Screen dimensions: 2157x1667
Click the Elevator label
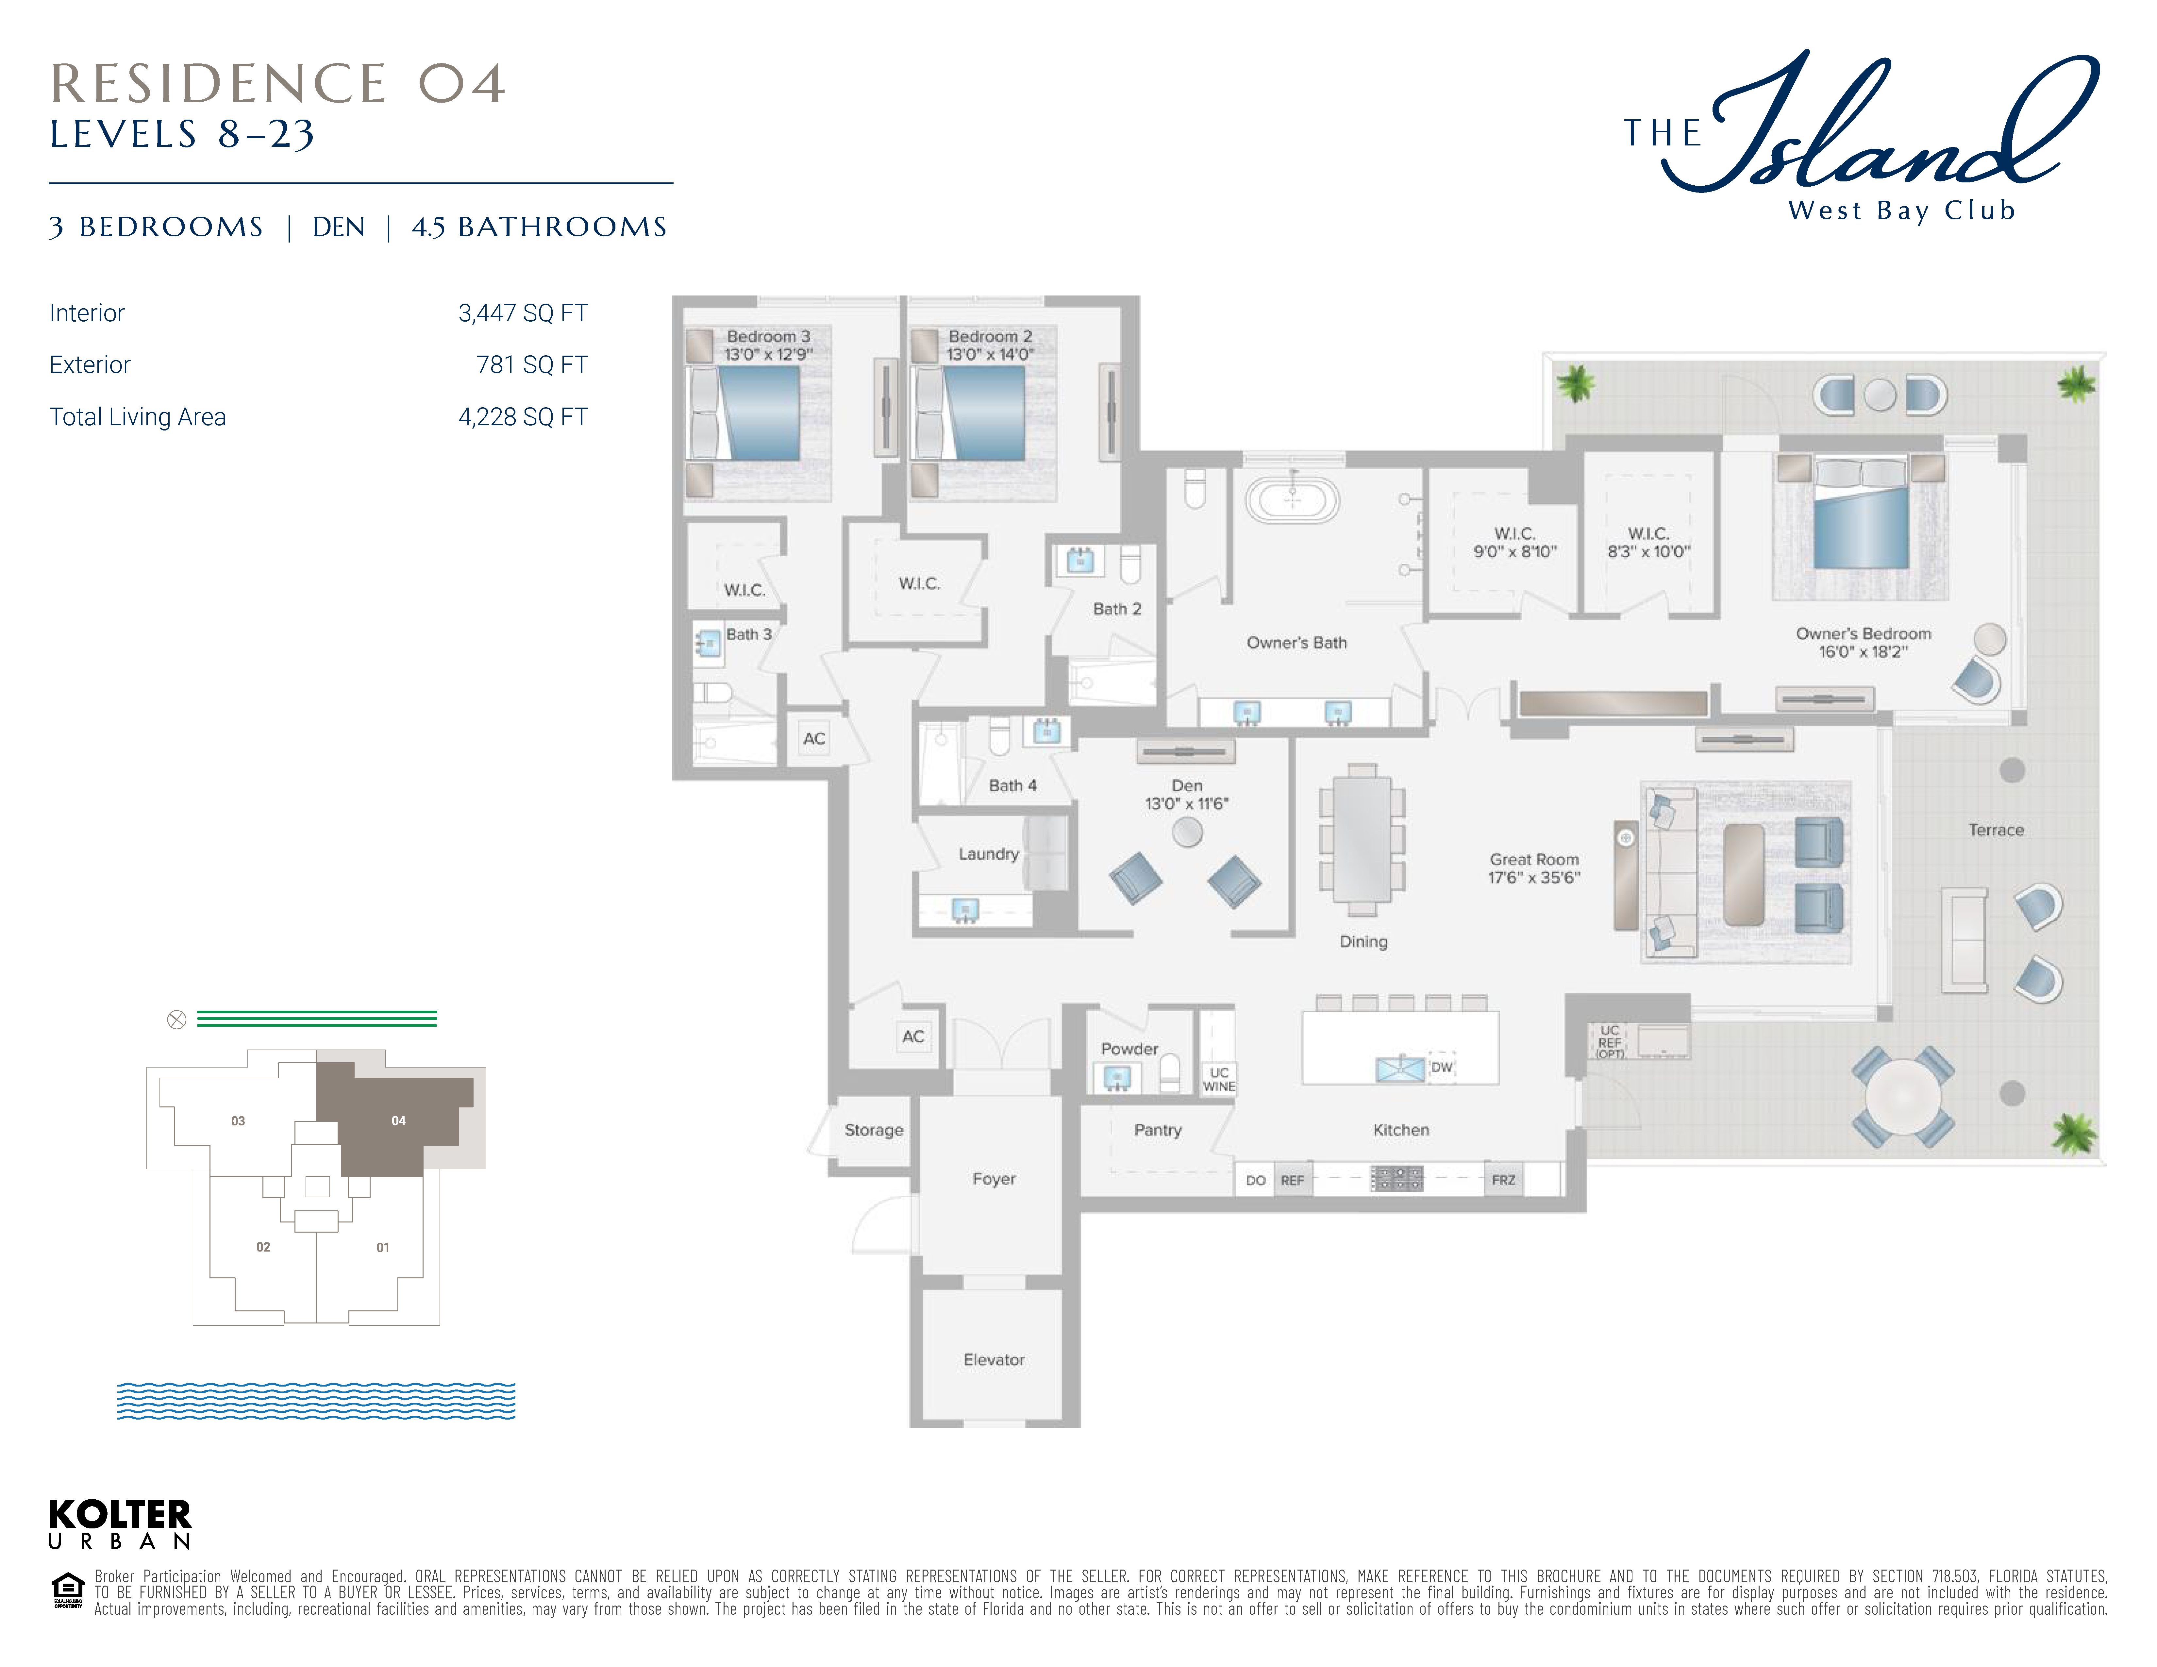point(994,1360)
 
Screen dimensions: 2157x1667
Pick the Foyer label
point(994,1179)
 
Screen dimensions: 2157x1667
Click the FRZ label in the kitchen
point(1503,1180)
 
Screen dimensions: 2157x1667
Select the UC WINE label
point(1219,1079)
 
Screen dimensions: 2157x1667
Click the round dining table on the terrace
point(1902,1096)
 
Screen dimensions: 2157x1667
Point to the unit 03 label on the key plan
point(238,1121)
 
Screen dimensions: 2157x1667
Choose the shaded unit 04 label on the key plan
point(398,1121)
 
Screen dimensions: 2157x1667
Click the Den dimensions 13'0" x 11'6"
point(1187,804)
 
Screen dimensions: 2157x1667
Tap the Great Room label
point(1534,859)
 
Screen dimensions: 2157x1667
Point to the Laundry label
point(988,854)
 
